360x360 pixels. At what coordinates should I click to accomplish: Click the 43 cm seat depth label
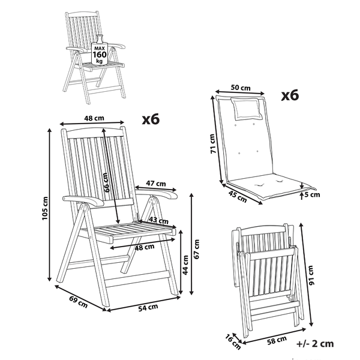click(x=158, y=220)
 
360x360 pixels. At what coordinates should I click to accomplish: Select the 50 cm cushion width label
click(x=241, y=87)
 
